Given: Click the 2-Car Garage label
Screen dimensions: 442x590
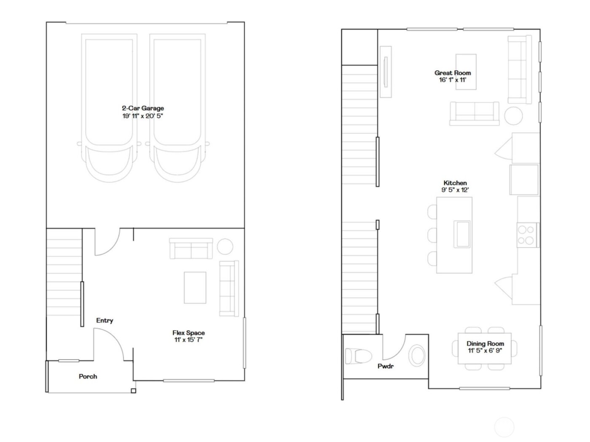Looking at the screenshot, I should pyautogui.click(x=143, y=108).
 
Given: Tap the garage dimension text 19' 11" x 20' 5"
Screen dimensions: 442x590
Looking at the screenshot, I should pyautogui.click(x=143, y=116).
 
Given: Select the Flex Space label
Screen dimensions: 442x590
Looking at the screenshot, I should pyautogui.click(x=188, y=333).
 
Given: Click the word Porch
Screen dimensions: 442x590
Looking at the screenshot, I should pyautogui.click(x=88, y=376).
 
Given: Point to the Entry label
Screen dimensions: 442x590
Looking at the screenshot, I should pyautogui.click(x=105, y=320).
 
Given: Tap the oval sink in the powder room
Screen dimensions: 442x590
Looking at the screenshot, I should pyautogui.click(x=418, y=355).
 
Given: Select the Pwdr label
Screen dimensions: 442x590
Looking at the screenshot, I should pyautogui.click(x=385, y=366).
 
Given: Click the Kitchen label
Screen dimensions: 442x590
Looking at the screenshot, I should pyautogui.click(x=455, y=183).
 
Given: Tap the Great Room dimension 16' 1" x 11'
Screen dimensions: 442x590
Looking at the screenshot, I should pyautogui.click(x=453, y=80).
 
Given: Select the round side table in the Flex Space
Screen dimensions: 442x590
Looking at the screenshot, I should pyautogui.click(x=225, y=247).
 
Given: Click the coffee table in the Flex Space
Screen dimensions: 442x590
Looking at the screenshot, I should pyautogui.click(x=195, y=288).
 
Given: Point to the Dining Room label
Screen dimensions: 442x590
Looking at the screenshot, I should pyautogui.click(x=485, y=343).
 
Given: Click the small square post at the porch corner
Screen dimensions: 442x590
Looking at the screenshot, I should pyautogui.click(x=134, y=391).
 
